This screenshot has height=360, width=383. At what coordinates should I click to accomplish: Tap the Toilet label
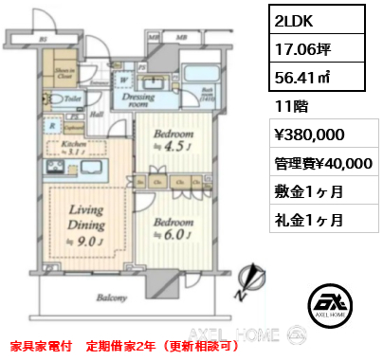pyautogui.click(x=70, y=97)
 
